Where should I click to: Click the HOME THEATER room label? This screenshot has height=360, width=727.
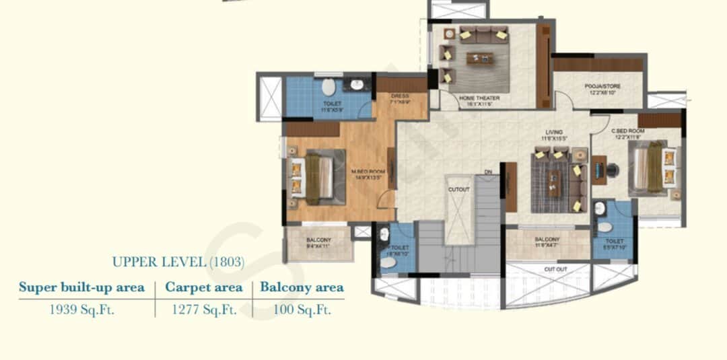(x=479, y=98)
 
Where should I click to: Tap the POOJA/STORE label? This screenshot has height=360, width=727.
(x=602, y=87)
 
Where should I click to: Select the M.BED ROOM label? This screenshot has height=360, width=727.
(x=367, y=172)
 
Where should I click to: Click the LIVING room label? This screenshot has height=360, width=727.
(x=554, y=133)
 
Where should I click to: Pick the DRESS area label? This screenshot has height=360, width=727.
(x=400, y=96)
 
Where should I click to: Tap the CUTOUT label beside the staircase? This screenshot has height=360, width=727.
(x=458, y=189)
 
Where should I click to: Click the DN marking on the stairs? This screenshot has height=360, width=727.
(x=488, y=173)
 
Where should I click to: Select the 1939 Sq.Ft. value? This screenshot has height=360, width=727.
(x=81, y=310)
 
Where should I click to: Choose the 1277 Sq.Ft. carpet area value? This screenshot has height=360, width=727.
(x=203, y=310)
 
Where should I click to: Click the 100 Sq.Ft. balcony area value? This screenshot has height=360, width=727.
(x=302, y=310)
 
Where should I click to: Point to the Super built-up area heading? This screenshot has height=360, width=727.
(x=81, y=287)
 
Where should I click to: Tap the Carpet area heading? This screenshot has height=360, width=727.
(x=203, y=287)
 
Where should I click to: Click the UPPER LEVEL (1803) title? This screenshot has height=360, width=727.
(x=178, y=261)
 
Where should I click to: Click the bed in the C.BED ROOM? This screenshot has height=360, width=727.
(x=652, y=168)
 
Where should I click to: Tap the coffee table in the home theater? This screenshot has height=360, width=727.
(x=479, y=59)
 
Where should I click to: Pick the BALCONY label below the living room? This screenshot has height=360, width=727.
(x=547, y=239)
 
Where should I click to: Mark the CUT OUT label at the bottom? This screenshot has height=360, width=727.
(x=555, y=269)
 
